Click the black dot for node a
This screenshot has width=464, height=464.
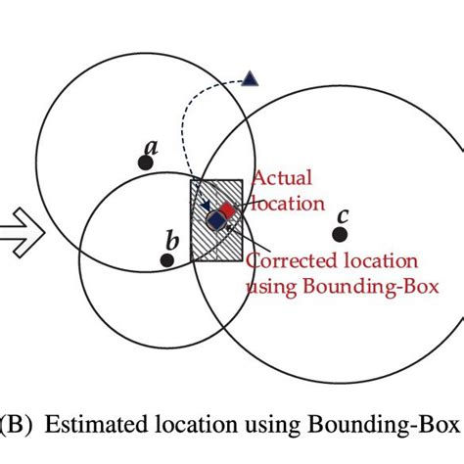click(x=145, y=163)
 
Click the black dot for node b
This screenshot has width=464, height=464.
click(x=167, y=259)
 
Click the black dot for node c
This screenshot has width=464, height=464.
click(x=340, y=234)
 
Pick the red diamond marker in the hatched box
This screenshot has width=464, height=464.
click(x=227, y=209)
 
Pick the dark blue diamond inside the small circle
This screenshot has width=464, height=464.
click(x=216, y=219)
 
